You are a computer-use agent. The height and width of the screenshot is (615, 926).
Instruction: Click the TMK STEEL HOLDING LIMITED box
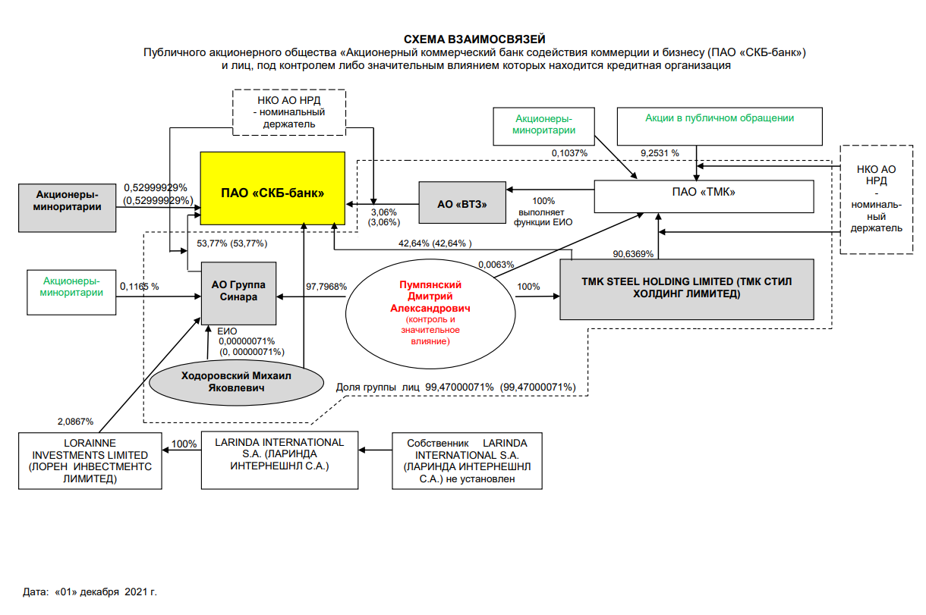686,288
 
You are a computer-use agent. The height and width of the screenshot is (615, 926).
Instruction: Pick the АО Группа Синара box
238,291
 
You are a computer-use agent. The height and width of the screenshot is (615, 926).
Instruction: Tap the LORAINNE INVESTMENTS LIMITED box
90,460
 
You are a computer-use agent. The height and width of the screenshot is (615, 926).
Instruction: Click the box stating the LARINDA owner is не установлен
467,460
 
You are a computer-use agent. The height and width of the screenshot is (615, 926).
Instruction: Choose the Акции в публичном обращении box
720,126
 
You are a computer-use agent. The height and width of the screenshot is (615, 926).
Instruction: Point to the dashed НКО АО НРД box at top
288,112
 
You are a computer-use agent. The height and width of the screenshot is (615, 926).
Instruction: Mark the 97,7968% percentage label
326,287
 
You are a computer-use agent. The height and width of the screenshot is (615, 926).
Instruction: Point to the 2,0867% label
75,422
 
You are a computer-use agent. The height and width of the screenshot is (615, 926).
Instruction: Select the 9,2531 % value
660,152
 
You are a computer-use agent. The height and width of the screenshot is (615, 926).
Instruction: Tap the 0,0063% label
496,265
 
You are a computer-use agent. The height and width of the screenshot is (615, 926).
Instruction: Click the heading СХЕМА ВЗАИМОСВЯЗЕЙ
474,39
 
